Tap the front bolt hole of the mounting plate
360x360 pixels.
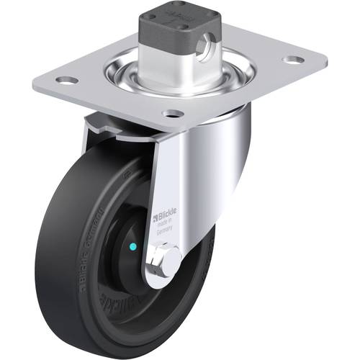click(171, 113)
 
